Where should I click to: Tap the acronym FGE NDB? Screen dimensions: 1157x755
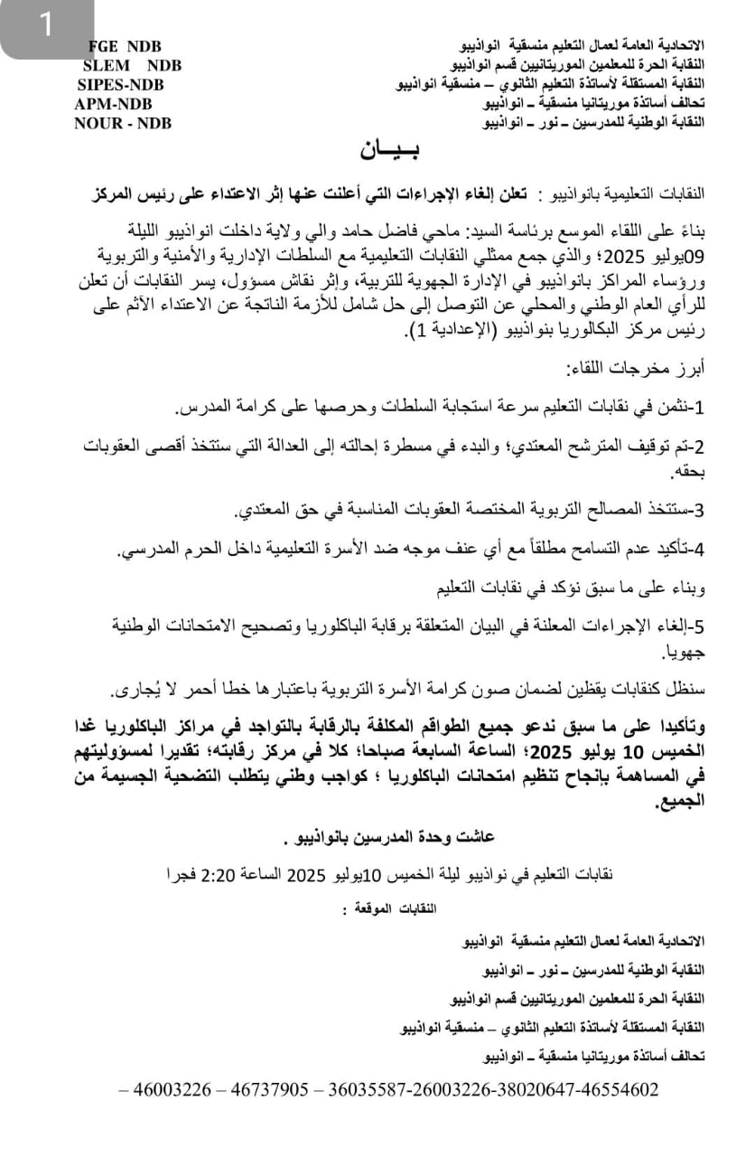[126, 46]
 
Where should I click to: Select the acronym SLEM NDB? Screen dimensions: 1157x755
[132, 65]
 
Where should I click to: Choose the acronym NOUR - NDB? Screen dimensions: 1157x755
[123, 124]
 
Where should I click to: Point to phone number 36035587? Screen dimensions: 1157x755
[368, 1090]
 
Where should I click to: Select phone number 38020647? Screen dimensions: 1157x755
[533, 1090]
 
